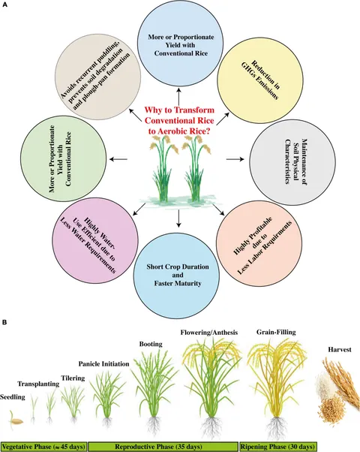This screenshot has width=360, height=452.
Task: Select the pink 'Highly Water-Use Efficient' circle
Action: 95,240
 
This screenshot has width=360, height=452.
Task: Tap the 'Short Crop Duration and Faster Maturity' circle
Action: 176,274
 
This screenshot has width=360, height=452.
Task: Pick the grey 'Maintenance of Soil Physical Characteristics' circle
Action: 292,162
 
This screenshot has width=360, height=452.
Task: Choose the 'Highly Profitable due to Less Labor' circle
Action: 259,243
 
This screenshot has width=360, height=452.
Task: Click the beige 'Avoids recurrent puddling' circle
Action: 98,76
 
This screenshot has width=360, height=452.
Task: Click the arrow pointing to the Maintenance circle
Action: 235,159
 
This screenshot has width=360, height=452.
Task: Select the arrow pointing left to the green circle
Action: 118,158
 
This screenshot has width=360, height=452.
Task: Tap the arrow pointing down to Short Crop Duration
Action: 178,218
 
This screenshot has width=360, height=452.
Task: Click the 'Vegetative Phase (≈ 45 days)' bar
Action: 43,447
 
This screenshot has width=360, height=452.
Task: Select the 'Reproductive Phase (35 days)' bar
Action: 163,447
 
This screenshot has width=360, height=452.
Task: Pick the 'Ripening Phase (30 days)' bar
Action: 277,447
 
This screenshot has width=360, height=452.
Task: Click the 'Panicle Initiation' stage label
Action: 104,364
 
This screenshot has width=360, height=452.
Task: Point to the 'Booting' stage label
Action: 151,344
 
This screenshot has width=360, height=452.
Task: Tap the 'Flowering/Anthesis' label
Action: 209,333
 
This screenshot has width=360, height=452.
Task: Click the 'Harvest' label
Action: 340,350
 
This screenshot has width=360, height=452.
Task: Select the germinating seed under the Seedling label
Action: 16,421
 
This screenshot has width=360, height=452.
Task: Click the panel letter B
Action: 4,322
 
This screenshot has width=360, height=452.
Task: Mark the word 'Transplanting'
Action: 38,384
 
